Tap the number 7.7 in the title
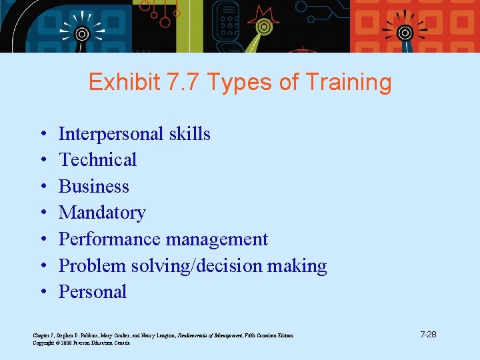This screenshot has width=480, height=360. click(183, 83)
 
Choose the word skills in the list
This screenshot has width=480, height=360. click(189, 134)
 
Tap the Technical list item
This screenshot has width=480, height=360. click(97, 160)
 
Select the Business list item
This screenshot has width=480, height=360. click(93, 187)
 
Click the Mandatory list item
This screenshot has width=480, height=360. click(101, 213)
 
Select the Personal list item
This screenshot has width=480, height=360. click(92, 292)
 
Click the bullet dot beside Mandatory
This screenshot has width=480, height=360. click(42, 213)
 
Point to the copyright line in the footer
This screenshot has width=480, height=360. click(81, 343)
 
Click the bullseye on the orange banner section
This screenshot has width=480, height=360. click(405, 32)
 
